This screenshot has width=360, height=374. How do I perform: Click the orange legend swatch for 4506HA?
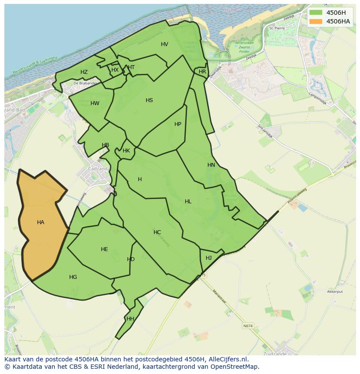pyautogui.click(x=316, y=21)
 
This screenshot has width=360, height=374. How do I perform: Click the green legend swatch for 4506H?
pyautogui.click(x=316, y=13)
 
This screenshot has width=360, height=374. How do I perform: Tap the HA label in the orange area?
pyautogui.click(x=40, y=222)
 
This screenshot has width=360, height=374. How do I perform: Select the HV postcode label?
pyautogui.click(x=164, y=44)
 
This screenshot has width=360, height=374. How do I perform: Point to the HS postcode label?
pyautogui.click(x=149, y=100)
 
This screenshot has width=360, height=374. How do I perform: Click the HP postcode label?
pyautogui.click(x=178, y=124)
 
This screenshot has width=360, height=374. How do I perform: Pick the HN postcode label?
pyautogui.click(x=211, y=165)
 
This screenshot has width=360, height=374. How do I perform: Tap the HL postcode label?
pyautogui.click(x=188, y=202)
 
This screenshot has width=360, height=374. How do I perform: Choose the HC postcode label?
pyautogui.click(x=157, y=232)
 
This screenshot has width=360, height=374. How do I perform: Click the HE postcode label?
pyautogui.click(x=104, y=249)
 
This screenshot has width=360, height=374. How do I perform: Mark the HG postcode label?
pyautogui.click(x=73, y=277)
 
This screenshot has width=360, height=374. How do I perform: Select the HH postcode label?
pyautogui.click(x=130, y=319)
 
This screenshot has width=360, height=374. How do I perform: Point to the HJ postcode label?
pyautogui.click(x=209, y=258)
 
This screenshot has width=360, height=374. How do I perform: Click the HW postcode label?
pyautogui.click(x=95, y=103)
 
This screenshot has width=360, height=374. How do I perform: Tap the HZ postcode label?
pyautogui.click(x=84, y=72)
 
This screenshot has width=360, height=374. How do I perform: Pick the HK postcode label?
pyautogui.click(x=126, y=151)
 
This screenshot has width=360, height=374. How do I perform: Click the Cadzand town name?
pyautogui.click(x=97, y=169)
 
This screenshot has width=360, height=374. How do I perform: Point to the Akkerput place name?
pyautogui.click(x=335, y=292)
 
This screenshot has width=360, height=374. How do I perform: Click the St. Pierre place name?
pyautogui.click(x=277, y=28)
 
